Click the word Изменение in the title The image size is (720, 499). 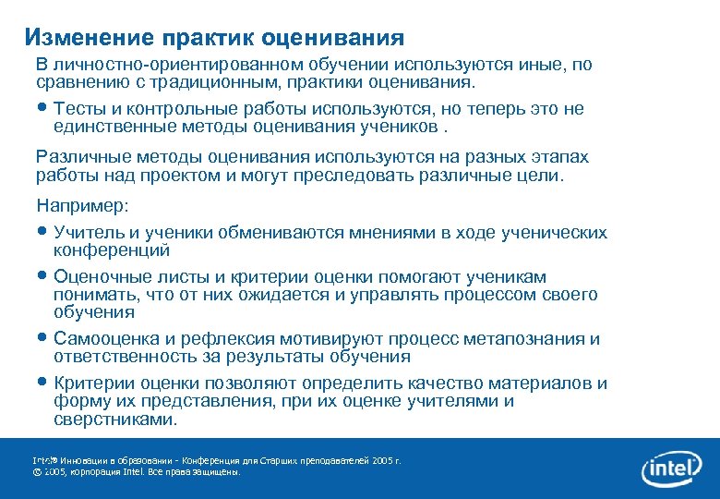point(90,37)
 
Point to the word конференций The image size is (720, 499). point(112,249)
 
